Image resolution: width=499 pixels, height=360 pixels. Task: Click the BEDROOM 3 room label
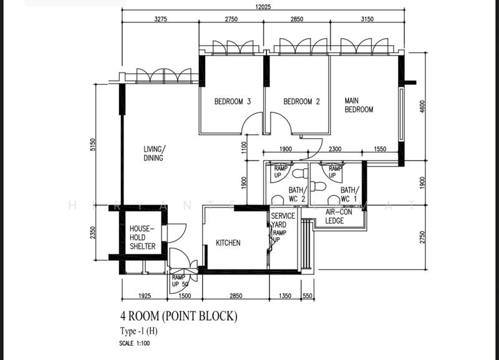coord(233,102)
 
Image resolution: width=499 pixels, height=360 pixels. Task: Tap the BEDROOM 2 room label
coord(301,102)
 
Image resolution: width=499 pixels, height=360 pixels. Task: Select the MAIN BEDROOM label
coord(359,105)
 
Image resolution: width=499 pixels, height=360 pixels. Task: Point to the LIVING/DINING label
coord(153,153)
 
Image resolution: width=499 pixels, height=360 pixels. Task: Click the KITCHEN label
coord(228,243)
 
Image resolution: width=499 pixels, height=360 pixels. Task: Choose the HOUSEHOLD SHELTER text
coord(142,237)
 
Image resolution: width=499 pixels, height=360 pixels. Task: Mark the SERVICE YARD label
coord(283,220)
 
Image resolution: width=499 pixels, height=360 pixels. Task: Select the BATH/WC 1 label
coord(349,194)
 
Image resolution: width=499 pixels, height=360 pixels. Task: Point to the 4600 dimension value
coord(422,106)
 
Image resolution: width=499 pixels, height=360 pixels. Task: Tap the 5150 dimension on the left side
coord(92,145)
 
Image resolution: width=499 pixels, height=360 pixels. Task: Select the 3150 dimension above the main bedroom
coord(367,19)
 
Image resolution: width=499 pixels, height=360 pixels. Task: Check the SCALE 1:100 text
coord(135,343)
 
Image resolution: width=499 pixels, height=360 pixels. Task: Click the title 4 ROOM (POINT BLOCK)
coord(179,316)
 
